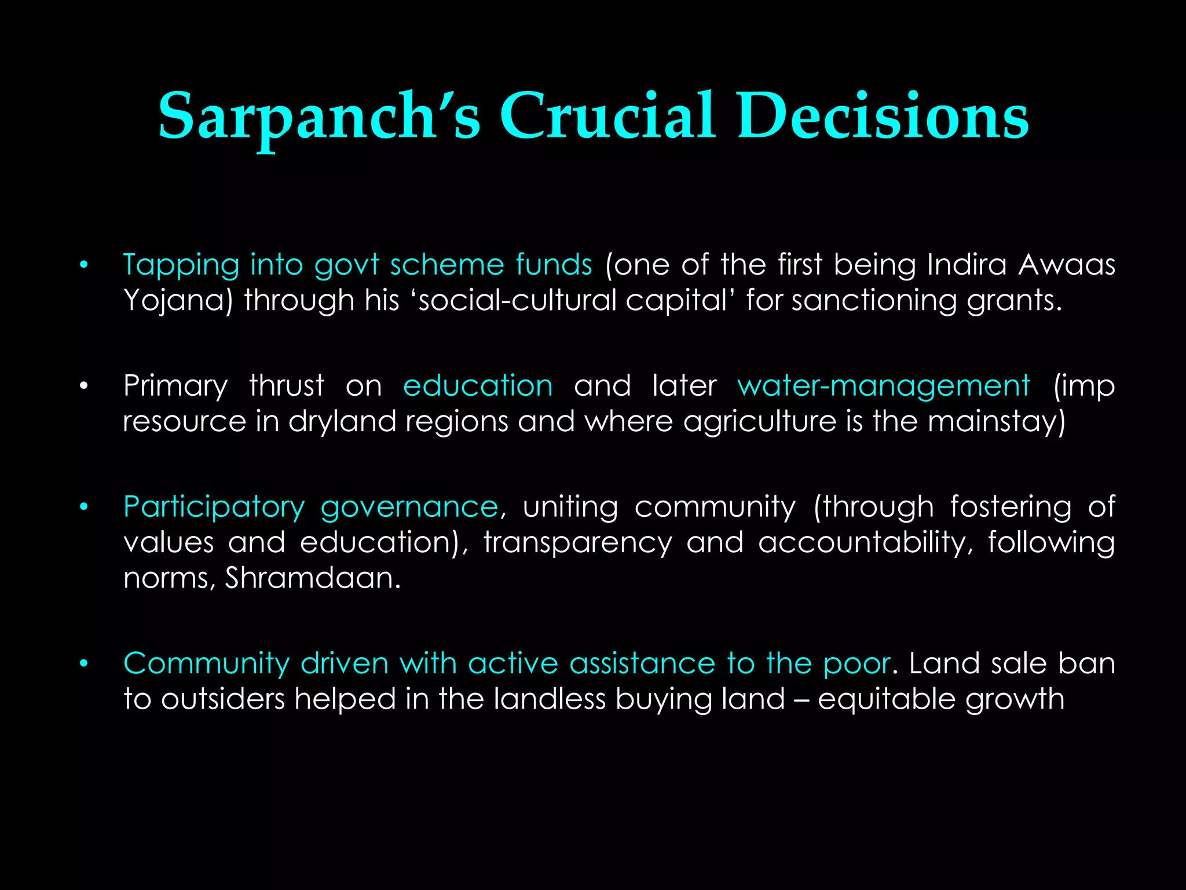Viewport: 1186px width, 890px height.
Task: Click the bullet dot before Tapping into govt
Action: coord(84,265)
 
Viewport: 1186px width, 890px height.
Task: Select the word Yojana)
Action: coord(178,301)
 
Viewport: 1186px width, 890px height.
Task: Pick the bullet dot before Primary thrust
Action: coord(84,386)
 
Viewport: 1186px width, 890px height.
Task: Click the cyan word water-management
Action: coord(883,386)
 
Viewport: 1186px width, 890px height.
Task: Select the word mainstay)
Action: coord(996,422)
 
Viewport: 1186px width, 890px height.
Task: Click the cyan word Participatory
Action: coord(214,508)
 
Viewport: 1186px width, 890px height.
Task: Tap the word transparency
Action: coord(577,543)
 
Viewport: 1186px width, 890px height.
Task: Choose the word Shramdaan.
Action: coord(312,578)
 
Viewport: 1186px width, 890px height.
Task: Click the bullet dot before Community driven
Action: coord(84,664)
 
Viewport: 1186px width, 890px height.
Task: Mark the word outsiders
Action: coord(223,699)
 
